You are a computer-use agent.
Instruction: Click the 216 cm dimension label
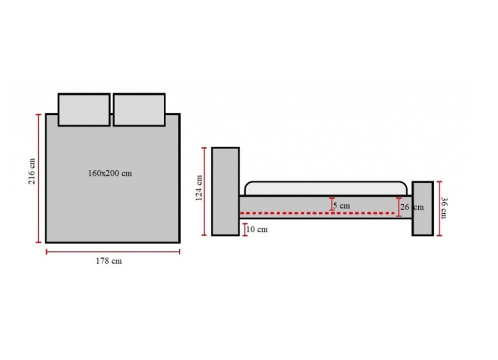pos(32,171)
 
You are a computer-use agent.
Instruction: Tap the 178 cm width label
pos(108,261)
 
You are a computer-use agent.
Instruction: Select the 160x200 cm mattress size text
pos(110,173)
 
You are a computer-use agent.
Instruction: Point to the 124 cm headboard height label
pos(199,188)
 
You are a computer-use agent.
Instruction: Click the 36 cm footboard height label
pos(444,208)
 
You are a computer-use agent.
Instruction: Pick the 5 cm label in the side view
pos(341,206)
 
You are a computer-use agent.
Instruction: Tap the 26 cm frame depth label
pos(412,207)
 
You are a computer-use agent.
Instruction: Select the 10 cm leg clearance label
pos(257,229)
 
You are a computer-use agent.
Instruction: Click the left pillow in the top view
pos(84,110)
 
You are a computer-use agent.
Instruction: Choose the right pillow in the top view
pos(139,110)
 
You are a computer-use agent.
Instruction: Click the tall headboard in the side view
pos(226,192)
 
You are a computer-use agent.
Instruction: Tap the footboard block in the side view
pos(423,209)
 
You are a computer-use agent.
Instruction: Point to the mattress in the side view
pos(326,189)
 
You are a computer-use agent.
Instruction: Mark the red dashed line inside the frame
pos(317,213)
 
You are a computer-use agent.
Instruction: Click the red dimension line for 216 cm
pos(39,178)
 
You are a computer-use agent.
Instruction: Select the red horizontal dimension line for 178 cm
pos(113,252)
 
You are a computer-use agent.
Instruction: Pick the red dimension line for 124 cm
pos(204,192)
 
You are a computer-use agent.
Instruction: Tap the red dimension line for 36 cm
pos(439,209)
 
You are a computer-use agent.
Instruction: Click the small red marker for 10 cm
pos(245,230)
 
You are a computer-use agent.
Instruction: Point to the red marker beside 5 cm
pos(331,204)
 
